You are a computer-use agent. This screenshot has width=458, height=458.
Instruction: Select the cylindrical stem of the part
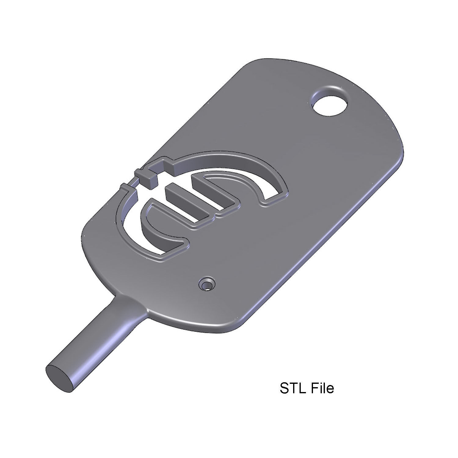(92, 342)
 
